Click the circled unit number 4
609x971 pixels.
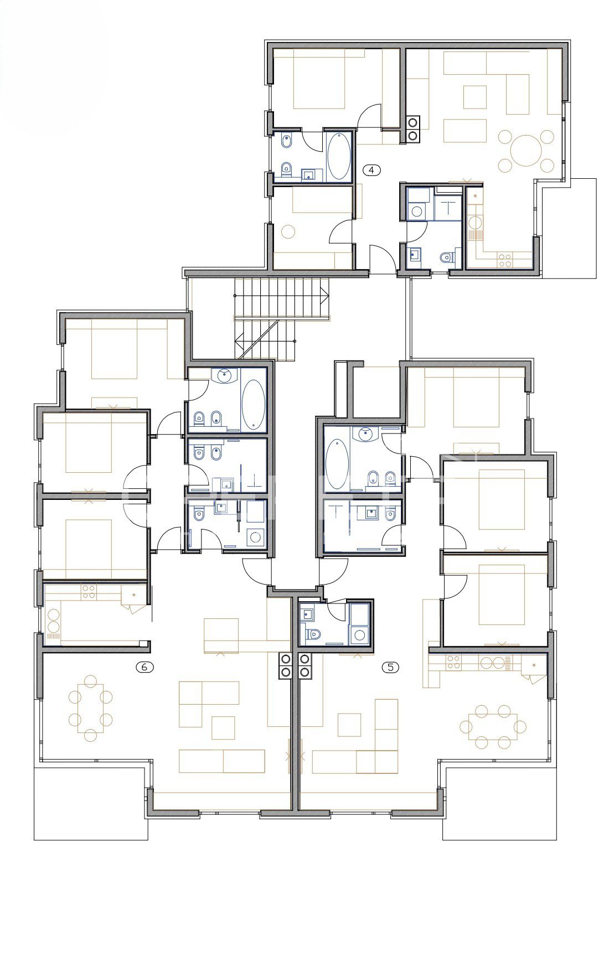coord(371,170)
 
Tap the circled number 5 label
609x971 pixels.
coord(390,667)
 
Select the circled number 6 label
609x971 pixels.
coord(144,667)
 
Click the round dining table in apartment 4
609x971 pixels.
coord(525,150)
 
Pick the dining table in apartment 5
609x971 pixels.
coord(492,726)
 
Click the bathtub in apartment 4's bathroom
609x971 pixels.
coord(338,156)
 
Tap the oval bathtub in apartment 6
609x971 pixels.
coord(254,404)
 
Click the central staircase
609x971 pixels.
coord(281,318)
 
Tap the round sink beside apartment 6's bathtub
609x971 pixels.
coord(224,375)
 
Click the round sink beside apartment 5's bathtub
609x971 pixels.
coord(366,433)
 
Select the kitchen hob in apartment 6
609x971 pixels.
coord(88,592)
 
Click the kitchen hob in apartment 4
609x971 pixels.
coord(504,260)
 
